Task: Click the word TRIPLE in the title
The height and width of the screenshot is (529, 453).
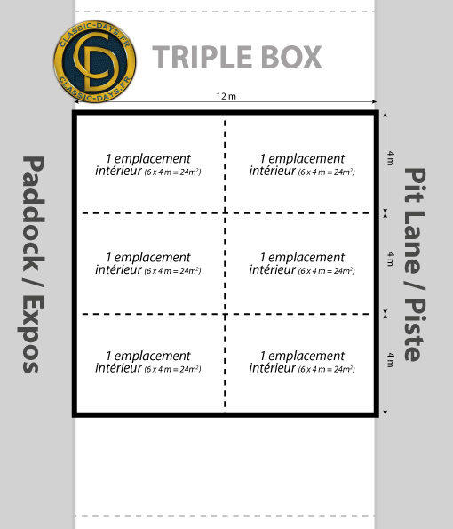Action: [x=203, y=57]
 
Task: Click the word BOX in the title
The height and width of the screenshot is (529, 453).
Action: [x=291, y=57]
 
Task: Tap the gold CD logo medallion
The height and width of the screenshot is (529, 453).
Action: [x=95, y=61]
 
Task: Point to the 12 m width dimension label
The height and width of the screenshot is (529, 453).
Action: [x=226, y=96]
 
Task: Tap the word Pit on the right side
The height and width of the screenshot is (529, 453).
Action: [x=415, y=185]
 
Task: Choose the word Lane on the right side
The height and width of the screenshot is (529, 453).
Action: [x=415, y=242]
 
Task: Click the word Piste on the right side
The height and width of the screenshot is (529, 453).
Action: [x=415, y=330]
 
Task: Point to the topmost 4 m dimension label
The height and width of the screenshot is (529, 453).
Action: [x=390, y=158]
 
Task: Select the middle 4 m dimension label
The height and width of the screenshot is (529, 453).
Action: [x=390, y=259]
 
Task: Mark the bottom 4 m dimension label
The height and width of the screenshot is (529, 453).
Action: [x=390, y=360]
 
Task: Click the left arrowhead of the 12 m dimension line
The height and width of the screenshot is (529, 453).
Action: [x=75, y=101]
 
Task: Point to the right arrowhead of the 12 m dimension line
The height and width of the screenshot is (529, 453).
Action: [x=374, y=101]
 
